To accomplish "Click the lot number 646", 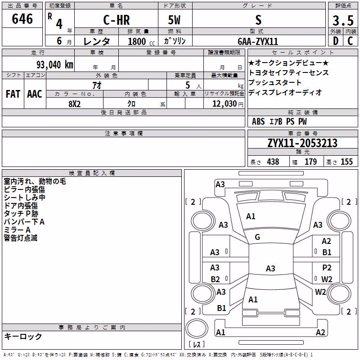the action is point(22,19).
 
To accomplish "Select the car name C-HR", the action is point(117,20).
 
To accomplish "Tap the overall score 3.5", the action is point(343,20).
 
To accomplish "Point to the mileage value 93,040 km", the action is point(55,65).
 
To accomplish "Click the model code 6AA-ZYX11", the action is point(258,41).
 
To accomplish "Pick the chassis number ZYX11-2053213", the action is point(302,143).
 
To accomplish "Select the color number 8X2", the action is point(75,104).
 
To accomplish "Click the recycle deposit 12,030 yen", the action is point(228,104).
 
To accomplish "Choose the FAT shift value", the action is point(13,94).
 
